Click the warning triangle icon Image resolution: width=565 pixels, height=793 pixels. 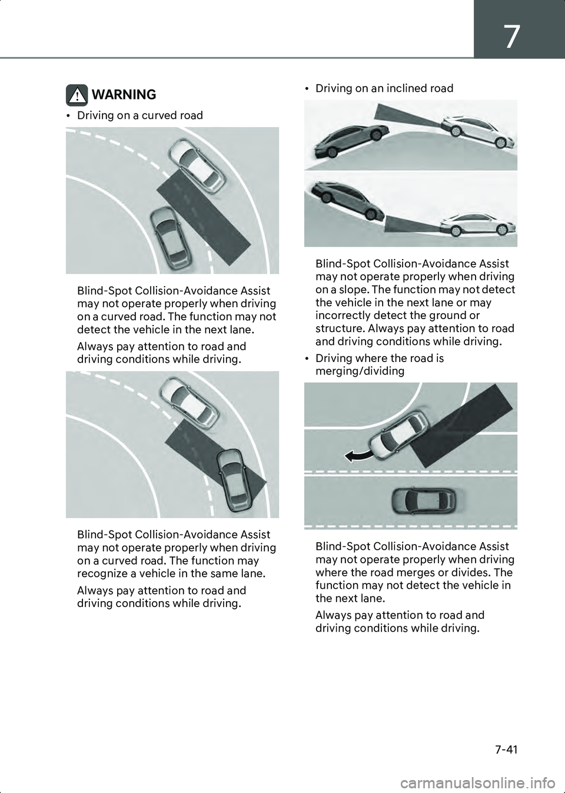[x=77, y=95]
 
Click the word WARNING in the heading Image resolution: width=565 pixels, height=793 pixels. [x=124, y=95]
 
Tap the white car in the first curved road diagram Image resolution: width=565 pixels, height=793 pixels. [x=197, y=165]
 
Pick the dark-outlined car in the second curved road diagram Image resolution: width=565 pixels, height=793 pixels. [x=233, y=480]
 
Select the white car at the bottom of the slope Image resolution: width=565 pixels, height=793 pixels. [x=478, y=224]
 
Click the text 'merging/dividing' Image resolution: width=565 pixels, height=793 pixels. [x=360, y=371]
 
